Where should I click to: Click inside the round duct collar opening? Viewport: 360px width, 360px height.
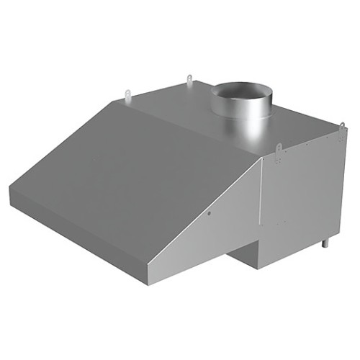(243, 91)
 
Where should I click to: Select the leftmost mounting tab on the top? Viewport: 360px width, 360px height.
(127, 94)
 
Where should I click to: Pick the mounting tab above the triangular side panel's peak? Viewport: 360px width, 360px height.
(279, 150)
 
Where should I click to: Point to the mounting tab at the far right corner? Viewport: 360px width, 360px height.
(342, 128)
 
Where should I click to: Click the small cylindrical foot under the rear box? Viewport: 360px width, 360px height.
(325, 242)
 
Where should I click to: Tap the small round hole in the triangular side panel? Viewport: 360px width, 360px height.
(208, 214)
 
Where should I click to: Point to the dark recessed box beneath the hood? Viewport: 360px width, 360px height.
(241, 259)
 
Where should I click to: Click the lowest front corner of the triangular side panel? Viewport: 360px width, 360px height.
(149, 282)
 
